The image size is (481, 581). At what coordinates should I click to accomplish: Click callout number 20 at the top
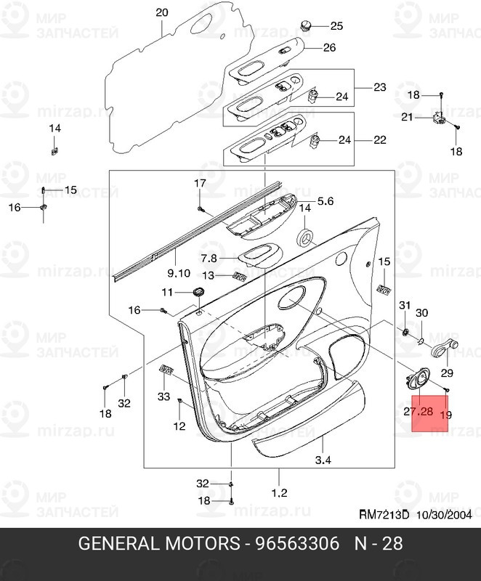point(161,12)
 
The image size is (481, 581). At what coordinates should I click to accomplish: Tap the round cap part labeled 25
point(306,27)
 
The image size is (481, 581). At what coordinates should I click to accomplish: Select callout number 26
point(329,48)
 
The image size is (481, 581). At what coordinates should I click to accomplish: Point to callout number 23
point(379,87)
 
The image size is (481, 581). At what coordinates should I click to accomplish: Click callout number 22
point(379,139)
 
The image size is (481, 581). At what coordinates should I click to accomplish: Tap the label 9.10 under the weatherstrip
point(178,273)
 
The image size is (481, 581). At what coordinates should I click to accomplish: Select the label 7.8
point(209,258)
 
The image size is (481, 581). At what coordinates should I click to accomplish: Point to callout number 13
point(208,275)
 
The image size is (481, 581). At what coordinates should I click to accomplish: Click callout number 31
point(405,305)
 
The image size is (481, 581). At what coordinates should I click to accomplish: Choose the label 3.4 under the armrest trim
point(323,460)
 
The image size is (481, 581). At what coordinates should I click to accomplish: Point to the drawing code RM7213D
point(385,515)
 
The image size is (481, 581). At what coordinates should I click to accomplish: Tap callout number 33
point(163,396)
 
